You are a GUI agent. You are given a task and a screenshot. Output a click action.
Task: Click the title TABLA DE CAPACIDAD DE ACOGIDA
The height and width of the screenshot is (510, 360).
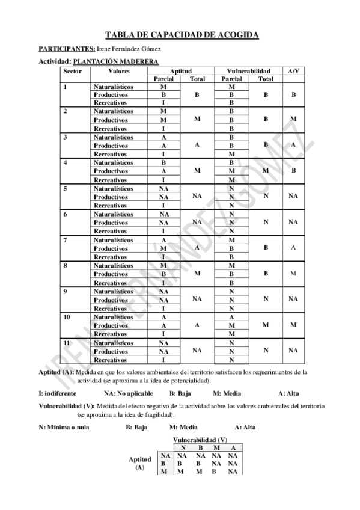(x=182, y=35)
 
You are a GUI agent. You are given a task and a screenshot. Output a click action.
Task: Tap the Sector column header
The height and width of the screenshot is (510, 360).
(x=73, y=70)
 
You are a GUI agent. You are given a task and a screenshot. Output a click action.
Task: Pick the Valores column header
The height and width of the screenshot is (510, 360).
(x=119, y=70)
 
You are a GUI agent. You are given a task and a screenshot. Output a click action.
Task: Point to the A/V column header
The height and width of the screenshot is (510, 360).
(x=293, y=70)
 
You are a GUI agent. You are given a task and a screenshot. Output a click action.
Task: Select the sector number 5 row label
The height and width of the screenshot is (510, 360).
(x=65, y=188)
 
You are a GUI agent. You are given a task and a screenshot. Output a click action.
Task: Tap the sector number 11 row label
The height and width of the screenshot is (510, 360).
(x=67, y=342)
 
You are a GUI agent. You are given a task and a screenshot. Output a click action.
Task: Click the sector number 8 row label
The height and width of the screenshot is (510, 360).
(x=65, y=265)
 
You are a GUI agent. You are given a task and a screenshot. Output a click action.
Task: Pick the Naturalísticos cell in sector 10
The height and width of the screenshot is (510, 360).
(x=114, y=316)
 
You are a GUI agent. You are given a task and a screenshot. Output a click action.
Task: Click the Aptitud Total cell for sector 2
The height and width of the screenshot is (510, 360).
(x=197, y=120)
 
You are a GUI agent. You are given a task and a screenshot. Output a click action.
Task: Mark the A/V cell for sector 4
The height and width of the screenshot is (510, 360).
(x=293, y=171)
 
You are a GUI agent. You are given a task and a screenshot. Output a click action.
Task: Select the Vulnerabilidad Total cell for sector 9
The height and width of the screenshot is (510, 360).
(x=266, y=299)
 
